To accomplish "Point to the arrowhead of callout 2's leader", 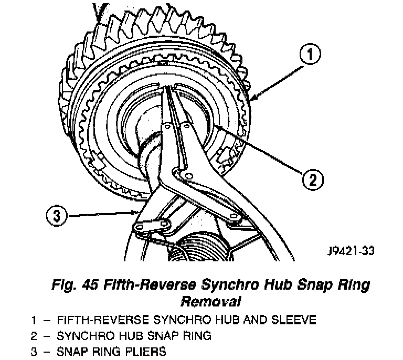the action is (215, 124).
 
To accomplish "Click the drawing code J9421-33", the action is (348, 251).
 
